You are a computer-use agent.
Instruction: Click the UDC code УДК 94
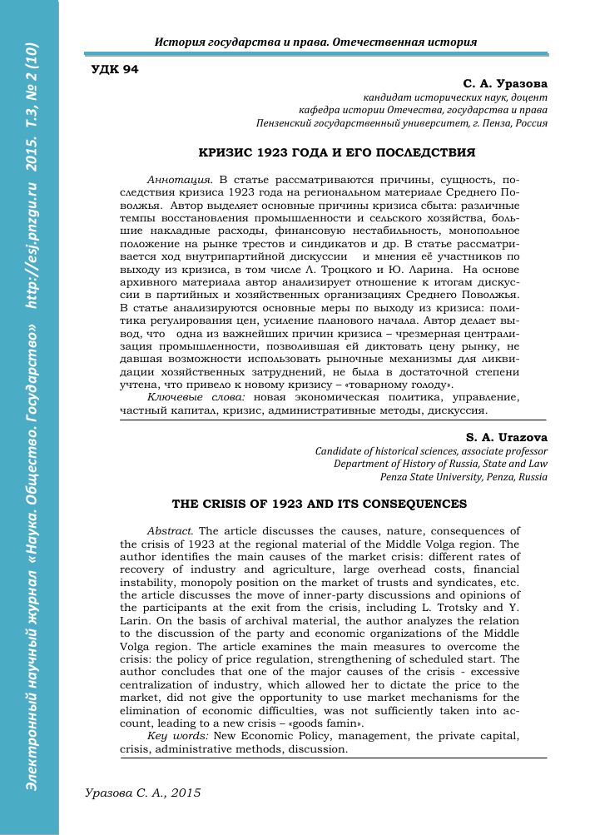(x=114, y=69)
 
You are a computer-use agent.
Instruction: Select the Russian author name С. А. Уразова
(x=505, y=83)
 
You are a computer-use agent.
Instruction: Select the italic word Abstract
(x=170, y=530)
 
